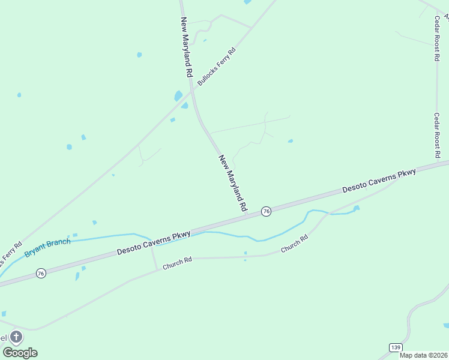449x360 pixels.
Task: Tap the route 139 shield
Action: pos(395,347)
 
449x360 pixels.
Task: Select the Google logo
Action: pos(20,353)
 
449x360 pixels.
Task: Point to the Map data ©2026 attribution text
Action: pos(423,355)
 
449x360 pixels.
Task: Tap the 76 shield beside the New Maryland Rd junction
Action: pos(266,211)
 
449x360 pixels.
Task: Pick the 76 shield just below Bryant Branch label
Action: pos(41,274)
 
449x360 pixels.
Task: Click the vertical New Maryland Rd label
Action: pos(187,47)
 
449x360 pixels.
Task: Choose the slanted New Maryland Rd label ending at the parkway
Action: pos(233,182)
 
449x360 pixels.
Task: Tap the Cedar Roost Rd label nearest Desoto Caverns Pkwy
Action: pos(438,135)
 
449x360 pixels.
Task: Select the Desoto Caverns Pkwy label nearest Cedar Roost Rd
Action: pos(379,181)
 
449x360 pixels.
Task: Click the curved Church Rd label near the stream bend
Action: pos(295,243)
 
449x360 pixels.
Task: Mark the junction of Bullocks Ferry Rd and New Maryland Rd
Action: pos(191,89)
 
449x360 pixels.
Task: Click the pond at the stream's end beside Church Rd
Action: pos(356,208)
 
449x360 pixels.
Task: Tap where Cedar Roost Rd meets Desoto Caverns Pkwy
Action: pos(438,163)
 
